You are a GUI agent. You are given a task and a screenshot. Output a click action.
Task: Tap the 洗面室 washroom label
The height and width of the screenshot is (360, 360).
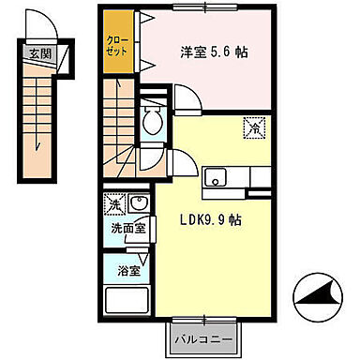[123, 228]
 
